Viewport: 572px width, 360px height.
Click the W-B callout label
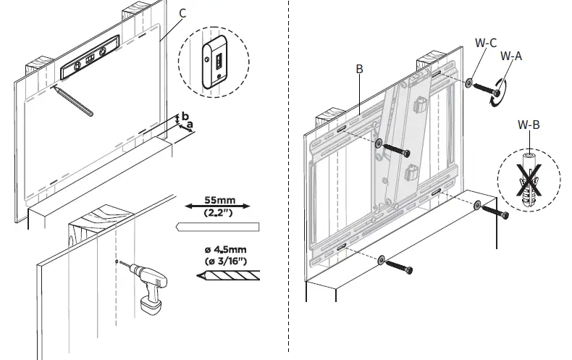529,125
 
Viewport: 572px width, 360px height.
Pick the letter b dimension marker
185,116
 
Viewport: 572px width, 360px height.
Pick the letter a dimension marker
190,125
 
